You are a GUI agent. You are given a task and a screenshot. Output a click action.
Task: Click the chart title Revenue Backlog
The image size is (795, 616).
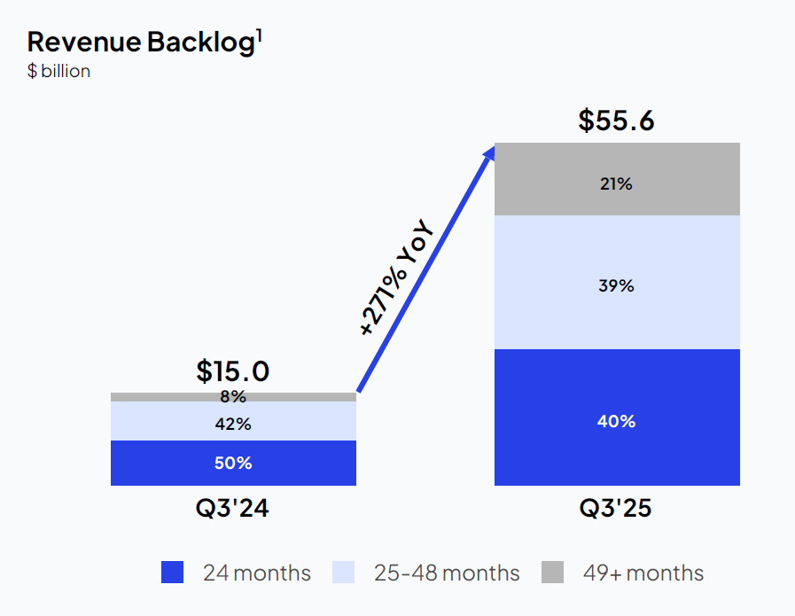(x=141, y=43)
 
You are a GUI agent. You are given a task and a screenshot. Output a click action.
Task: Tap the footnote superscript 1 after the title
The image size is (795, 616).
(x=259, y=35)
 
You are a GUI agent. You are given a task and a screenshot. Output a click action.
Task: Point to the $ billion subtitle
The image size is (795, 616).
(x=58, y=71)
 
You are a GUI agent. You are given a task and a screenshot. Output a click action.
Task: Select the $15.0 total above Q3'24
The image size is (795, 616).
(x=233, y=370)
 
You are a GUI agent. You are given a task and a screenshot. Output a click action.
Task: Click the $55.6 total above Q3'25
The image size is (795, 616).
(x=617, y=120)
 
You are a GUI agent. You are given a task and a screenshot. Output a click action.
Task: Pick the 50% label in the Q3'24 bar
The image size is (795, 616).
(x=233, y=463)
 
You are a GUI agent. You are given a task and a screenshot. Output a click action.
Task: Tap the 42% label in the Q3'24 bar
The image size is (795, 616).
(x=233, y=424)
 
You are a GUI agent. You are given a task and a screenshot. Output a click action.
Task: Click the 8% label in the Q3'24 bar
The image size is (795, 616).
(x=233, y=397)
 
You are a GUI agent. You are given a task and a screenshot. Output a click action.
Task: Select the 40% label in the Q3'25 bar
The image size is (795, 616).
(x=617, y=421)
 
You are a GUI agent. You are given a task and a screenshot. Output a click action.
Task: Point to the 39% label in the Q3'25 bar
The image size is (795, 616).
(x=617, y=285)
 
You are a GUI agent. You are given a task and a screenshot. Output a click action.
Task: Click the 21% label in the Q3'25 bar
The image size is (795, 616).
(x=617, y=184)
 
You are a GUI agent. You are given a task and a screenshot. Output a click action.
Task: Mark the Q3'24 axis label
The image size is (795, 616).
(x=233, y=509)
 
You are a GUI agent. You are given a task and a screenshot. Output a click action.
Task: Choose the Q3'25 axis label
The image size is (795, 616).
(x=617, y=509)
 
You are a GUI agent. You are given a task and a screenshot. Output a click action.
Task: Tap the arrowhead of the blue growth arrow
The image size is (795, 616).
(x=487, y=152)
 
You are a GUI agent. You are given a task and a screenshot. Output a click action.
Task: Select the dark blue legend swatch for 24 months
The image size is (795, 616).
(x=173, y=573)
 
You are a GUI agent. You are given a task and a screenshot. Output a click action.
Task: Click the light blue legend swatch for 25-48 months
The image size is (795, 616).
(x=344, y=573)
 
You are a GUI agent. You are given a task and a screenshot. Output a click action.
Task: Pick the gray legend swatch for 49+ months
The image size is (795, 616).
(x=552, y=573)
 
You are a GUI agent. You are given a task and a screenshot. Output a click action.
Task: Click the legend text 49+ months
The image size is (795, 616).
(x=643, y=573)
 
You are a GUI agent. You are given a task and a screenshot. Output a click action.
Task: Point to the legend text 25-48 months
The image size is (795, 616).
(x=447, y=573)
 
